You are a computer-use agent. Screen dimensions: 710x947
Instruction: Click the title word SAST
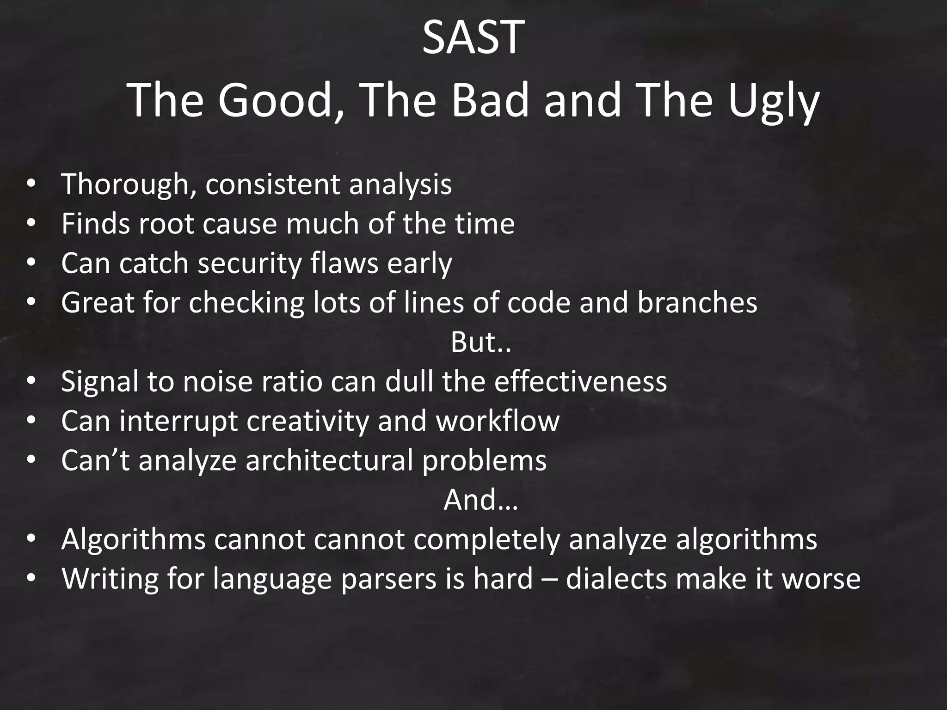coord(473,38)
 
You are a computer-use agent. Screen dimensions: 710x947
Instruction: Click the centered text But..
coord(480,343)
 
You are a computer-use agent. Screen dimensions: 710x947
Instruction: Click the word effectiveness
coord(580,382)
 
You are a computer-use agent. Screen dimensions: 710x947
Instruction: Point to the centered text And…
coord(480,500)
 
